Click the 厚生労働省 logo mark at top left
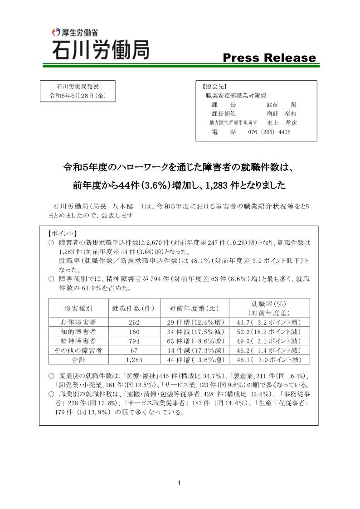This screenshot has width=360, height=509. click(56, 32)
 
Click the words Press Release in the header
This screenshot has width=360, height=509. click(269, 58)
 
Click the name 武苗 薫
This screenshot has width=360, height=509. click(281, 105)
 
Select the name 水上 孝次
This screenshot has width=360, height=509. click(282, 123)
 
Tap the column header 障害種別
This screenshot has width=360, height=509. click(78, 308)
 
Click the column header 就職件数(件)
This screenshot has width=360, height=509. click(134, 308)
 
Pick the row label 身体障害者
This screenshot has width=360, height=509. click(78, 322)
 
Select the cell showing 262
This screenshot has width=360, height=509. click(134, 322)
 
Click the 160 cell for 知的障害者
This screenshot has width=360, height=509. click(134, 332)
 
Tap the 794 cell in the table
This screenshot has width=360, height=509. click(134, 341)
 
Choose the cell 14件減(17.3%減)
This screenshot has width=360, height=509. click(194, 350)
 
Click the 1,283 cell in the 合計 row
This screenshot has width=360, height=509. click(134, 360)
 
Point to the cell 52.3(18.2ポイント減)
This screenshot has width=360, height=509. click(269, 332)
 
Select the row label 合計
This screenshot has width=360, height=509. click(78, 360)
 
